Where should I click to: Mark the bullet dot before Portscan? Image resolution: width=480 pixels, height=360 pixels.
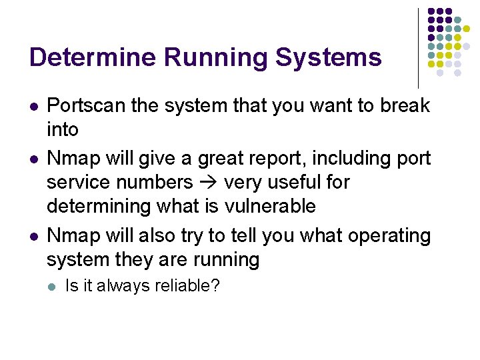(34, 106)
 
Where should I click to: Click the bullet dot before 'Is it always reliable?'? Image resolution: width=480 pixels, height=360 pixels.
(53, 287)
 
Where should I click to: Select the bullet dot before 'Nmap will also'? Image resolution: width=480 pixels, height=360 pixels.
(34, 236)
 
